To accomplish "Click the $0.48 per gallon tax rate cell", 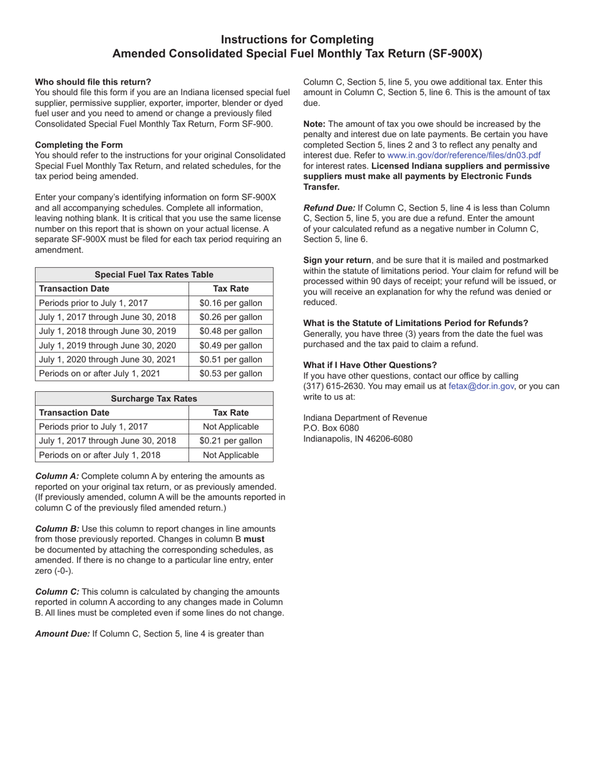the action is click(230, 331).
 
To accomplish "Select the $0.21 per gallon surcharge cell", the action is click(230, 441).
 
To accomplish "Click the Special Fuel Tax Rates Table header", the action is click(154, 275).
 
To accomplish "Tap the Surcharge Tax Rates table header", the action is click(154, 399).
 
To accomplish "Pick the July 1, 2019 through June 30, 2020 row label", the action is click(108, 346).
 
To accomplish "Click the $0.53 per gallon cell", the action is click(230, 374).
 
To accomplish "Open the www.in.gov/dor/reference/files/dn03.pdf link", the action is click(464, 155).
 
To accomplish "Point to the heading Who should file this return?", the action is click(93, 82).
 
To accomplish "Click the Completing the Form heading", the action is click(79, 145).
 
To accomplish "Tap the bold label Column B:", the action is click(57, 529).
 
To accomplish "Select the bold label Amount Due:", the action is click(63, 634).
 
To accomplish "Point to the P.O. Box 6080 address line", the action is click(331, 428).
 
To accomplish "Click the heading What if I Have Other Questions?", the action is click(370, 365).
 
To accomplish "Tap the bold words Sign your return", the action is click(337, 260).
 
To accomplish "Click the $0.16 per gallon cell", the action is click(230, 303).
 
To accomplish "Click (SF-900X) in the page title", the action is click(455, 54).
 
